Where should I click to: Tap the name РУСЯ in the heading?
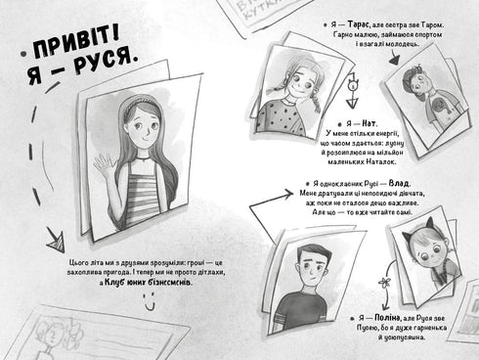tap(111, 73)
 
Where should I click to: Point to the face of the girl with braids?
tap(292, 80)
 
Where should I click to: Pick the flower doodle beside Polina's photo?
tap(387, 283)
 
